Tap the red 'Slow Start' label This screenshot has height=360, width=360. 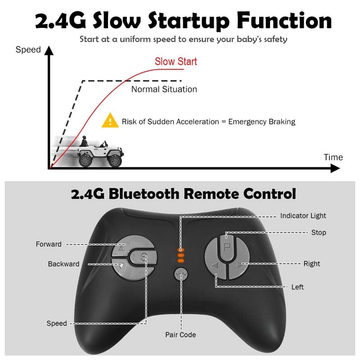(x=176, y=62)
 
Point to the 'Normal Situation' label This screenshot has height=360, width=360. (x=164, y=89)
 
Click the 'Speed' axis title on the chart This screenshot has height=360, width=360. (x=28, y=49)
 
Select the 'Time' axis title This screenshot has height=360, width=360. (x=333, y=157)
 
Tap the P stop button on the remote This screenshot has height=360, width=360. (x=227, y=246)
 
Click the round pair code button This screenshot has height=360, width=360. (x=181, y=274)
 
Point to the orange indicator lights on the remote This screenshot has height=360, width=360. (x=181, y=255)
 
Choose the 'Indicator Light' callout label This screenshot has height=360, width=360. (x=303, y=216)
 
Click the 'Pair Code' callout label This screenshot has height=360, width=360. (x=180, y=335)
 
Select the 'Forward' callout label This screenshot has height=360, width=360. (x=49, y=244)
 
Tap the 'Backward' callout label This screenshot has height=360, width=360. (x=63, y=264)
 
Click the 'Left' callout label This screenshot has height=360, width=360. (x=297, y=287)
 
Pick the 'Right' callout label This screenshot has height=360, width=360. (x=312, y=264)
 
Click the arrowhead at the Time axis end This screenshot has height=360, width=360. (x=335, y=169)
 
